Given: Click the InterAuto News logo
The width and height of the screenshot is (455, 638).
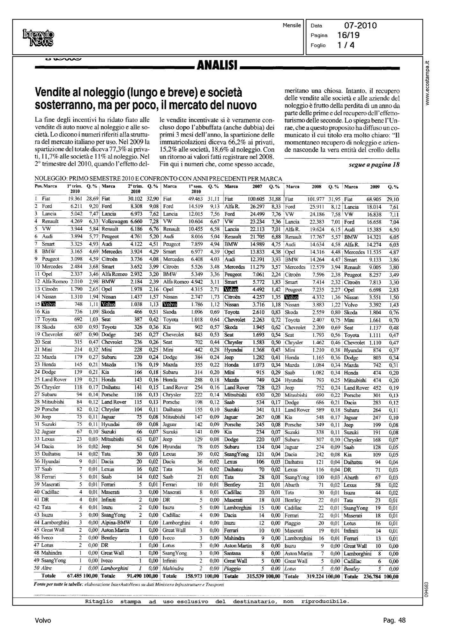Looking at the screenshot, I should pyautogui.click(x=38, y=38).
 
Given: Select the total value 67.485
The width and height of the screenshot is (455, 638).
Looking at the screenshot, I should pyautogui.click(x=74, y=576).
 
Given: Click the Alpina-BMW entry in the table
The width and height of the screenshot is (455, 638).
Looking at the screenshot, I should pyautogui.click(x=113, y=523).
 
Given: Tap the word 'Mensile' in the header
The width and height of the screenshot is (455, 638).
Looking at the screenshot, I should pyautogui.click(x=292, y=25).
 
